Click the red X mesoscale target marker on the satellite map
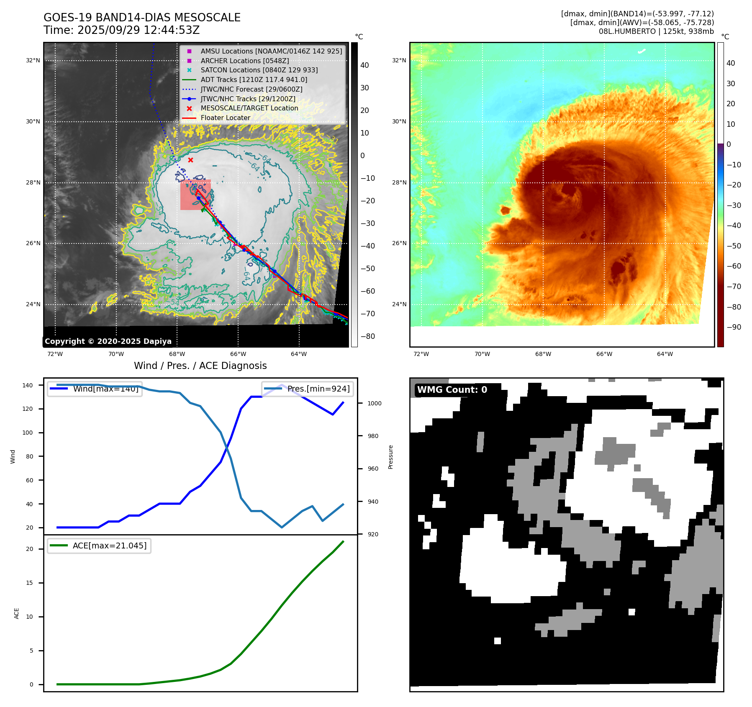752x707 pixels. pyautogui.click(x=190, y=160)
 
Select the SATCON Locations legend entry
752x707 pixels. pyautogui.click(x=259, y=70)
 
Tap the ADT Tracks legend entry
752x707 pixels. pyautogui.click(x=254, y=79)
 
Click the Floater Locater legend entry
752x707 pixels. pyautogui.click(x=225, y=118)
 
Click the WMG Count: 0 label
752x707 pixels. pyautogui.click(x=452, y=390)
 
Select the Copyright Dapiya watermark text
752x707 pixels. pyautogui.click(x=108, y=341)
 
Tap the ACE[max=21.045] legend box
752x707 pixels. pyautogui.click(x=99, y=546)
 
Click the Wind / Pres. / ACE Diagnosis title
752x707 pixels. pyautogui.click(x=200, y=366)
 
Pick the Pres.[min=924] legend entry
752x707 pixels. pyautogui.click(x=308, y=389)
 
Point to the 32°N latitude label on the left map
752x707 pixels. pyautogui.click(x=33, y=60)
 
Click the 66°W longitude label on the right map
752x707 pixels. pyautogui.click(x=604, y=354)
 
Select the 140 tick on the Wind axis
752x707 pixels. pyautogui.click(x=28, y=385)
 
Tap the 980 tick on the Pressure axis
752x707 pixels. pyautogui.click(x=373, y=436)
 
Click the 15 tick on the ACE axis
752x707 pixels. pyautogui.click(x=29, y=583)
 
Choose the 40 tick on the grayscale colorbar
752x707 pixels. pyautogui.click(x=364, y=65)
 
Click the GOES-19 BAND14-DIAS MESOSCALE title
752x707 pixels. pyautogui.click(x=142, y=18)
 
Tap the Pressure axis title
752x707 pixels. pyautogui.click(x=390, y=457)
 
